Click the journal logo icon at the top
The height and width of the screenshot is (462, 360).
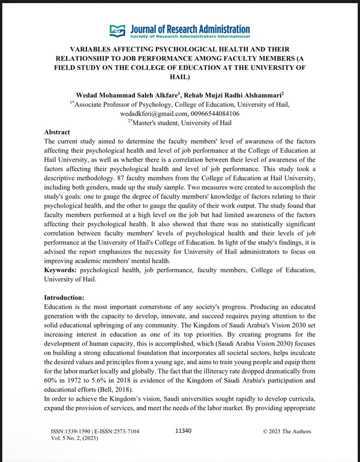coord(117,31)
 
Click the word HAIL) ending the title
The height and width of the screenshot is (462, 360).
coord(180,77)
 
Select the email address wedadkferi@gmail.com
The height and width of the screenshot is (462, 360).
coord(147,113)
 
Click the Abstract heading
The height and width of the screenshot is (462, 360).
coord(57,132)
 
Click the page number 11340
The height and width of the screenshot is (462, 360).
coord(184,431)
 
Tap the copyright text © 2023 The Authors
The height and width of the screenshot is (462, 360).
coord(287,431)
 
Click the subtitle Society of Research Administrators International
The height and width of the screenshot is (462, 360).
coord(189,37)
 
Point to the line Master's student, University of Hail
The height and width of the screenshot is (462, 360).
coord(179,123)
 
